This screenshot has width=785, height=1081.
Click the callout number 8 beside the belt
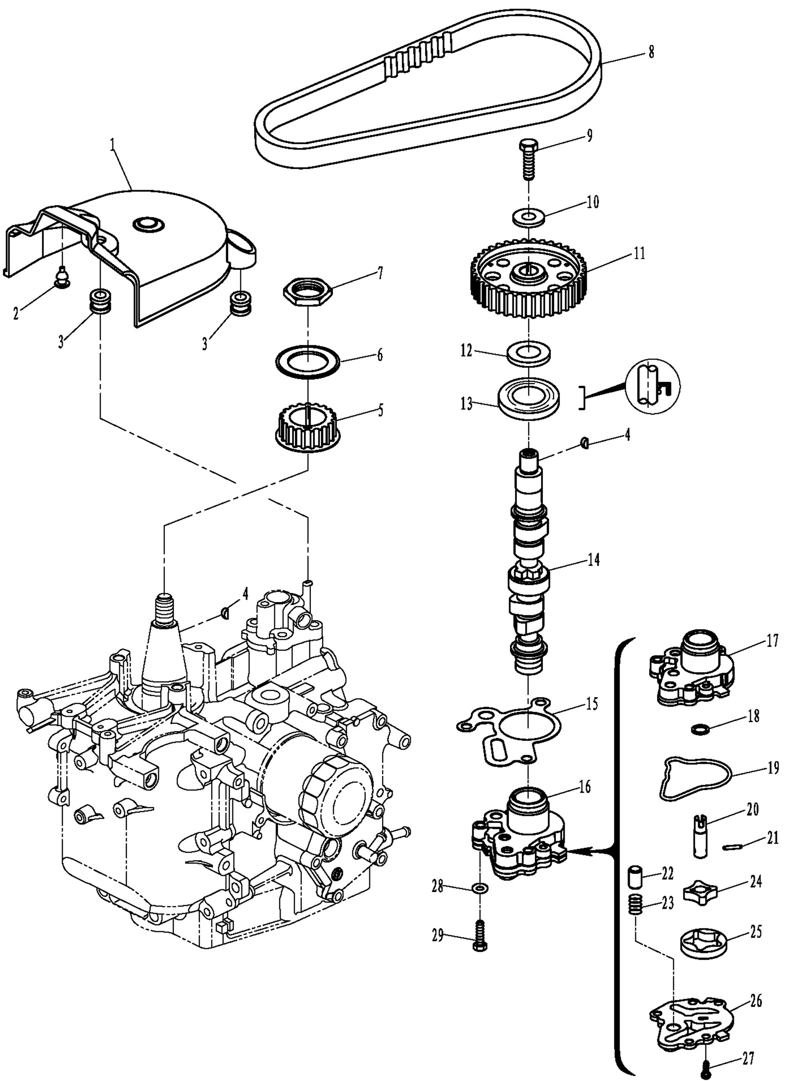coord(651,51)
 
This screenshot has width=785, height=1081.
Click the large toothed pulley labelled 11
coord(529,281)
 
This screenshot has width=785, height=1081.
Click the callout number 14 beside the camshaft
coord(593,560)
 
